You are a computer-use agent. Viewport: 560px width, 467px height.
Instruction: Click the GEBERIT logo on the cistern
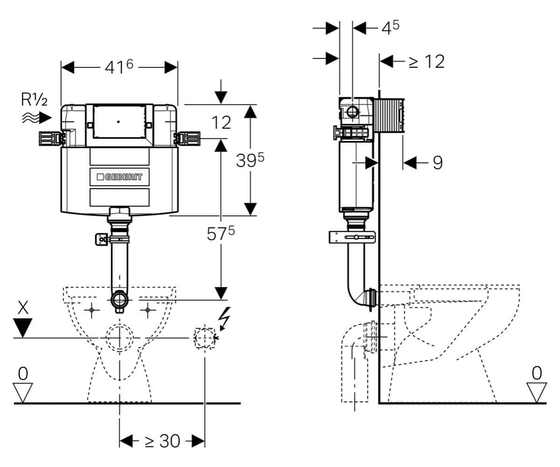click(x=120, y=177)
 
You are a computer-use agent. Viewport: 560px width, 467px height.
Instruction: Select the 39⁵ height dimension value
click(x=250, y=160)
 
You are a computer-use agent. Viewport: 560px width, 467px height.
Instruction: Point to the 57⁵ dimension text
click(x=221, y=234)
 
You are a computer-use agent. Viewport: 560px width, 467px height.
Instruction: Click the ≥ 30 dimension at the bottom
click(x=163, y=441)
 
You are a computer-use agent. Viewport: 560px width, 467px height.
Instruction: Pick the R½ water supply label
click(x=34, y=99)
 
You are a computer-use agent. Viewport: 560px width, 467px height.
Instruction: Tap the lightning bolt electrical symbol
click(x=224, y=317)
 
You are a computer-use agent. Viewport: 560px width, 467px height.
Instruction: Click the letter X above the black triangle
click(x=23, y=307)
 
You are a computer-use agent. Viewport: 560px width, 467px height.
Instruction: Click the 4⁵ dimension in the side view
click(x=390, y=28)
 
